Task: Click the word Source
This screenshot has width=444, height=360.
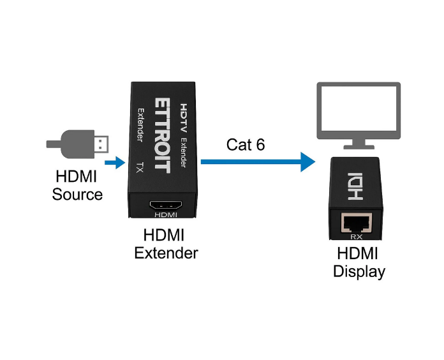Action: click(77, 194)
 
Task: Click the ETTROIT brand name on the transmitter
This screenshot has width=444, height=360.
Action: click(163, 135)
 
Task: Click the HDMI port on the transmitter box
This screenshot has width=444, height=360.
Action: click(165, 206)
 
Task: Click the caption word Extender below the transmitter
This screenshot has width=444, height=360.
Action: click(166, 253)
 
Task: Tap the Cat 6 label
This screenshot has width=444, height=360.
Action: click(245, 144)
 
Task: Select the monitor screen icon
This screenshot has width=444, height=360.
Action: click(359, 109)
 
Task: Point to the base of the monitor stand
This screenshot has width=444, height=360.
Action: click(359, 147)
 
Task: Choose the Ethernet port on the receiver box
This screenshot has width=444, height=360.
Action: click(357, 223)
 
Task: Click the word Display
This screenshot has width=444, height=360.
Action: click(359, 271)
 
